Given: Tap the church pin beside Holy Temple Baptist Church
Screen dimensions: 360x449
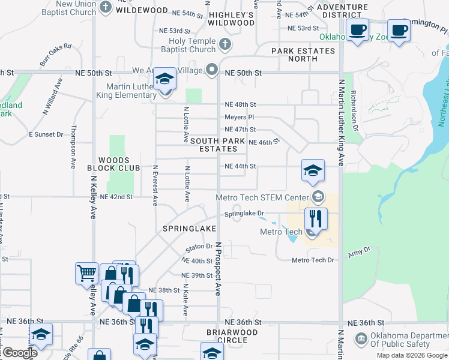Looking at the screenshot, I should (x=224, y=43).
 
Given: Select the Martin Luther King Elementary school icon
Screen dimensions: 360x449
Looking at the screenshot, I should (x=164, y=80).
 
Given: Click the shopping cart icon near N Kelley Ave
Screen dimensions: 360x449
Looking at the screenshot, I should (x=86, y=274).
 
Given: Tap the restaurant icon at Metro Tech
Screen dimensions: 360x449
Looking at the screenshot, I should (x=316, y=218).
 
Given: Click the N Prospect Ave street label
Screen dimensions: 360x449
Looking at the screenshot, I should (x=218, y=268).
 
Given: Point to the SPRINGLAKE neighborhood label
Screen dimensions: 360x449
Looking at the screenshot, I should (x=185, y=229).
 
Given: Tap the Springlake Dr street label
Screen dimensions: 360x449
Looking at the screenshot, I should (x=244, y=214).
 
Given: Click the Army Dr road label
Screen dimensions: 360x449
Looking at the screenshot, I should (x=359, y=254).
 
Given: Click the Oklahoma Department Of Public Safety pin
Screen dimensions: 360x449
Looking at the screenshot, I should (x=361, y=340).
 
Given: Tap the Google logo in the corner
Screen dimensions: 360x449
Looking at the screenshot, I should (x=20, y=353).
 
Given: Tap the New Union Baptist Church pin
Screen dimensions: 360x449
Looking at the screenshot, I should (x=106, y=8).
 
